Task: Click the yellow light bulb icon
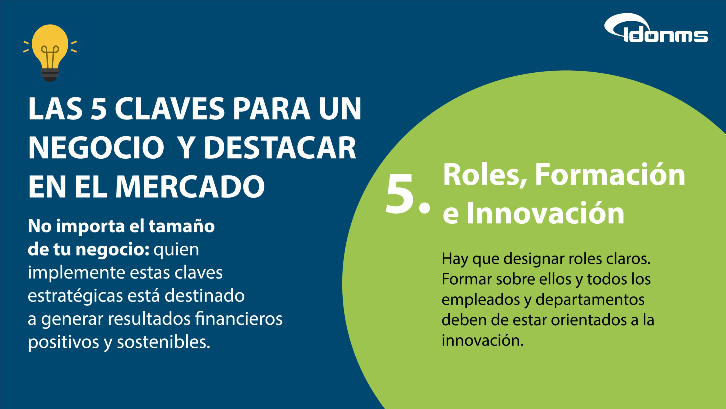coord(50,53)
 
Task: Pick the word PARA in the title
coord(271,109)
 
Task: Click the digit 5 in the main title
coord(99,109)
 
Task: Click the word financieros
coord(239,319)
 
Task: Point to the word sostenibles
coord(164,342)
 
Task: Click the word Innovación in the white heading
coord(545,213)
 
